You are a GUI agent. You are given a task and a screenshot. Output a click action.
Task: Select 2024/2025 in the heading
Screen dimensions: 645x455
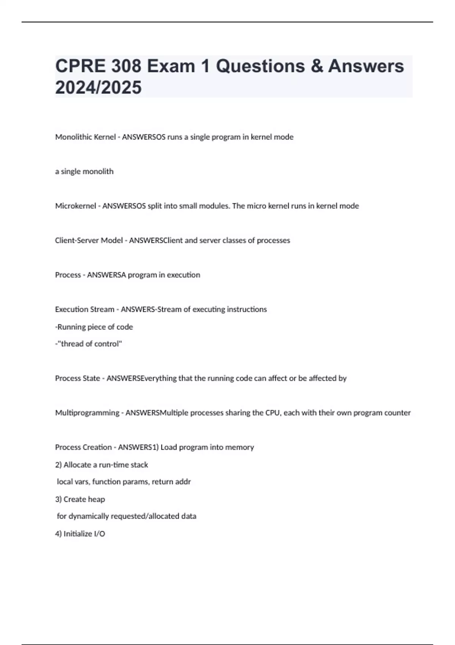[x=98, y=87]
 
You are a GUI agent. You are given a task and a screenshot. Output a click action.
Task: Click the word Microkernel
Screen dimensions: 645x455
[x=75, y=206]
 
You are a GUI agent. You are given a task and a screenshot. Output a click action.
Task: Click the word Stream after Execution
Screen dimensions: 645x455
[x=102, y=310]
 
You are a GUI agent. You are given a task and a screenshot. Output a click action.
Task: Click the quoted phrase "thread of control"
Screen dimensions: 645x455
[x=90, y=344]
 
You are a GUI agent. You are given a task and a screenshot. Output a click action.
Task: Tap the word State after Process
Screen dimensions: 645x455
[x=91, y=378]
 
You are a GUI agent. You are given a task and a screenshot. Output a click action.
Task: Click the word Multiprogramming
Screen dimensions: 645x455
[x=87, y=413]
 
